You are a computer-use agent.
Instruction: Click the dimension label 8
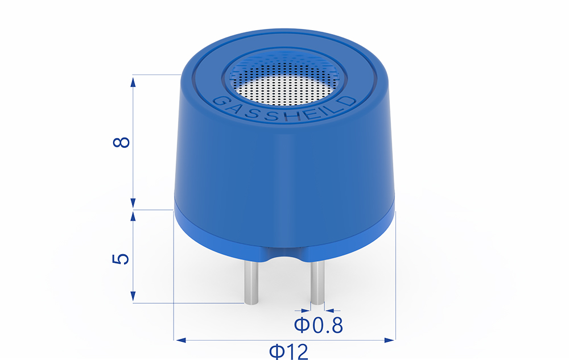122,142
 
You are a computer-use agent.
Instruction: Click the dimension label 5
122,259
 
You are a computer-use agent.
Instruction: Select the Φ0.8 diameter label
318,326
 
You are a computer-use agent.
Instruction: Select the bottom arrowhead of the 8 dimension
133,204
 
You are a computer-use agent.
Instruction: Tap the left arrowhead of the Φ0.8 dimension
305,311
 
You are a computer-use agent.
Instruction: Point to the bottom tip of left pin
250,301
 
